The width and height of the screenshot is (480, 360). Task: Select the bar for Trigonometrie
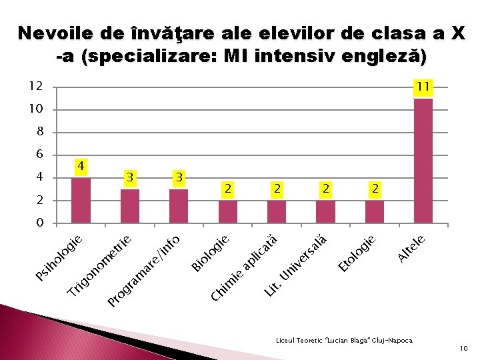[x=130, y=206]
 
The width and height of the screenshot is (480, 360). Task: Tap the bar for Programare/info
[x=179, y=206]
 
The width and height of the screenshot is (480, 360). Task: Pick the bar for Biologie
[x=228, y=212]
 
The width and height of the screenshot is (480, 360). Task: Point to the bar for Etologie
[x=375, y=212]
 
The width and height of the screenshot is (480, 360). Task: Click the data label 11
[x=423, y=87]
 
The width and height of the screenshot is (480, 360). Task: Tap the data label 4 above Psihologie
[x=81, y=165]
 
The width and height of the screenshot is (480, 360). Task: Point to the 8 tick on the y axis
[x=39, y=132]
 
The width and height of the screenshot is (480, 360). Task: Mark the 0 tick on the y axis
[x=39, y=223]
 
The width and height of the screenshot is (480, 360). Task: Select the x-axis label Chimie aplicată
[x=244, y=267]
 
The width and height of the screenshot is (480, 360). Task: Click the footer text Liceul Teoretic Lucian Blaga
[x=344, y=340]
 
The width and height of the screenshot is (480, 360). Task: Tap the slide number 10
[x=464, y=348]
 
